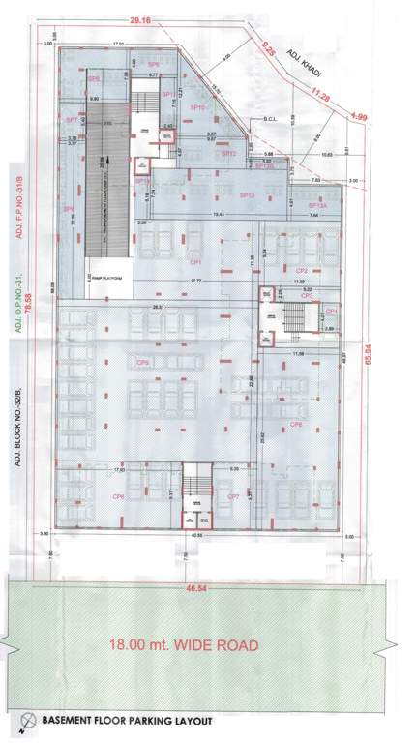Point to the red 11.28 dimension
pyautogui.click(x=318, y=97)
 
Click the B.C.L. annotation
pyautogui.click(x=270, y=121)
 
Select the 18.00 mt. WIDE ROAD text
pyautogui.click(x=183, y=644)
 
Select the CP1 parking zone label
pyautogui.click(x=194, y=262)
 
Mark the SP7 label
pyautogui.click(x=71, y=119)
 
